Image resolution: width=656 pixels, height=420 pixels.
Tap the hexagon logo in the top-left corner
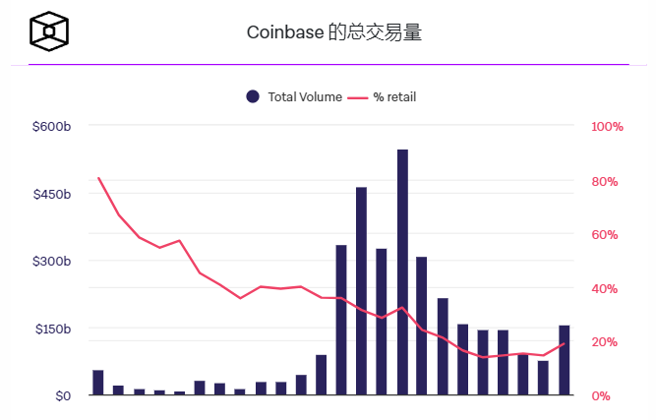click(x=49, y=31)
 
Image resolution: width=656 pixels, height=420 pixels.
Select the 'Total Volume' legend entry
click(x=295, y=96)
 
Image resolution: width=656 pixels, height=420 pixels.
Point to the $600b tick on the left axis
click(x=51, y=127)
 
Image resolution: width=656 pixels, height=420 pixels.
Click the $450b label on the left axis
click(x=51, y=194)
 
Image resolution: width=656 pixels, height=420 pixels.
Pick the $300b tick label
click(x=51, y=261)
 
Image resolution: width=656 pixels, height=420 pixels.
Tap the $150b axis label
click(x=51, y=329)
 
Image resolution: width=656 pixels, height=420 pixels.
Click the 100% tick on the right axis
click(x=607, y=127)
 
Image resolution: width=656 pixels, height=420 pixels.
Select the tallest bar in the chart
click(x=402, y=275)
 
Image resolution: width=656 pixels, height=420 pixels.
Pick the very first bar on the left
click(x=98, y=383)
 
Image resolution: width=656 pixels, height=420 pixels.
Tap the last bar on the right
click(x=565, y=361)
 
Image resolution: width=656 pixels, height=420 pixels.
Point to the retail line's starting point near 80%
click(x=98, y=178)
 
